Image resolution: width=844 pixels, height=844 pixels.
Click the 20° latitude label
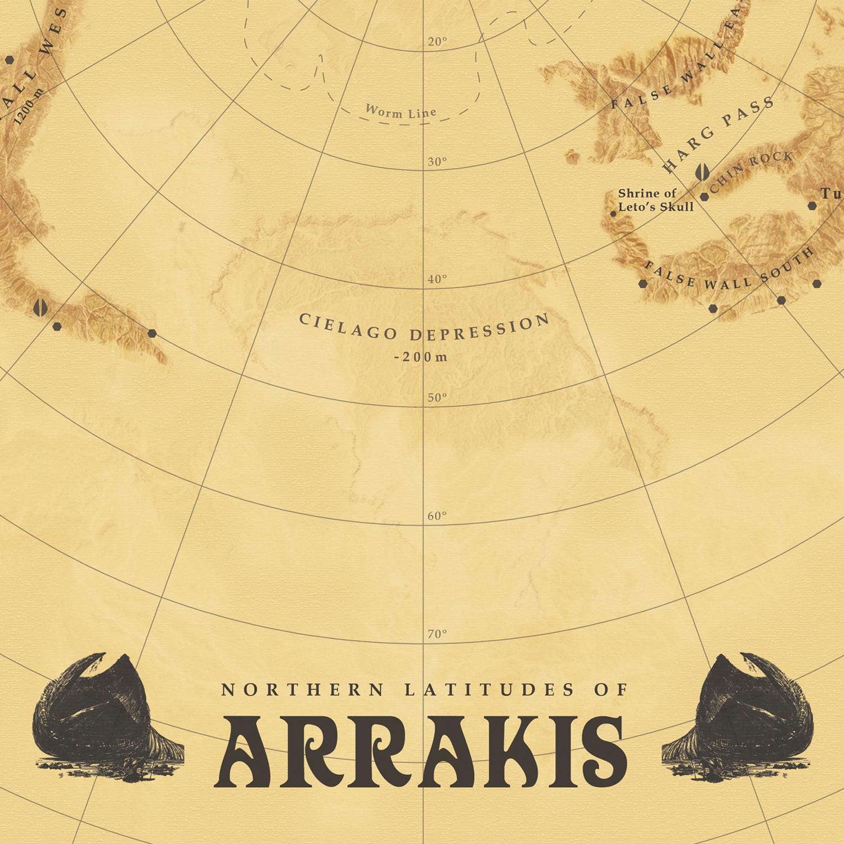click(x=437, y=42)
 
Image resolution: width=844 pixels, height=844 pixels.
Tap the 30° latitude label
click(x=437, y=162)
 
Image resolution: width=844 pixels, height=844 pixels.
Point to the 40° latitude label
click(x=437, y=279)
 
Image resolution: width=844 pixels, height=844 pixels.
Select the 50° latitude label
click(x=437, y=398)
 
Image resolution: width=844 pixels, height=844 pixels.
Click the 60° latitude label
click(x=437, y=516)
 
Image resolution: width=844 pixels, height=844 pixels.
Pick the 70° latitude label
click(x=437, y=634)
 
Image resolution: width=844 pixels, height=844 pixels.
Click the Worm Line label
click(x=401, y=111)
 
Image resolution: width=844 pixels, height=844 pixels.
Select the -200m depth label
click(x=421, y=357)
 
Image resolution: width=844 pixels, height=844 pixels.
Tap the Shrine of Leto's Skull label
click(x=656, y=200)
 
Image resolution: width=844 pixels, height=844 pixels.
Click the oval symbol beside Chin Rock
click(x=702, y=172)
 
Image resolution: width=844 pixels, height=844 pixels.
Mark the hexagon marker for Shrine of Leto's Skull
click(x=613, y=214)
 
